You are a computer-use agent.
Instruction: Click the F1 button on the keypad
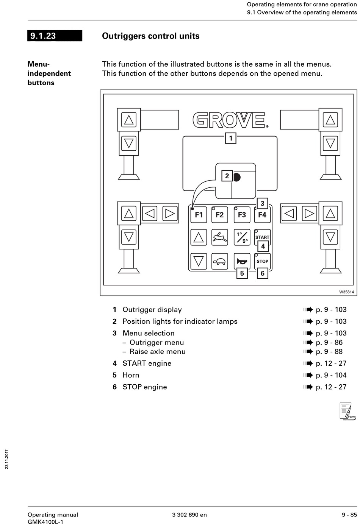tap(199, 215)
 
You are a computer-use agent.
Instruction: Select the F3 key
tap(242, 215)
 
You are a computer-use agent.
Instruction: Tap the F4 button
tap(262, 215)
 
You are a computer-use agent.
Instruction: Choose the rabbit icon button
tap(219, 237)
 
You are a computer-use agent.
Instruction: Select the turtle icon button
tap(219, 261)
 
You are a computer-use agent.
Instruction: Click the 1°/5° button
tap(242, 237)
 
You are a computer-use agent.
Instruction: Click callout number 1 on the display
tap(231, 138)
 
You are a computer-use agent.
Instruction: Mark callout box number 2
tap(227, 176)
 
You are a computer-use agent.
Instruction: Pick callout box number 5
tap(242, 273)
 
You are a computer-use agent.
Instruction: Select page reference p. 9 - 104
tap(331, 375)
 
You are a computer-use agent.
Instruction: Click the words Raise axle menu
tap(157, 351)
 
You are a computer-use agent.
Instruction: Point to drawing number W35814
tap(346, 292)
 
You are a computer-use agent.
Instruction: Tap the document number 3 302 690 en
tap(189, 515)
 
